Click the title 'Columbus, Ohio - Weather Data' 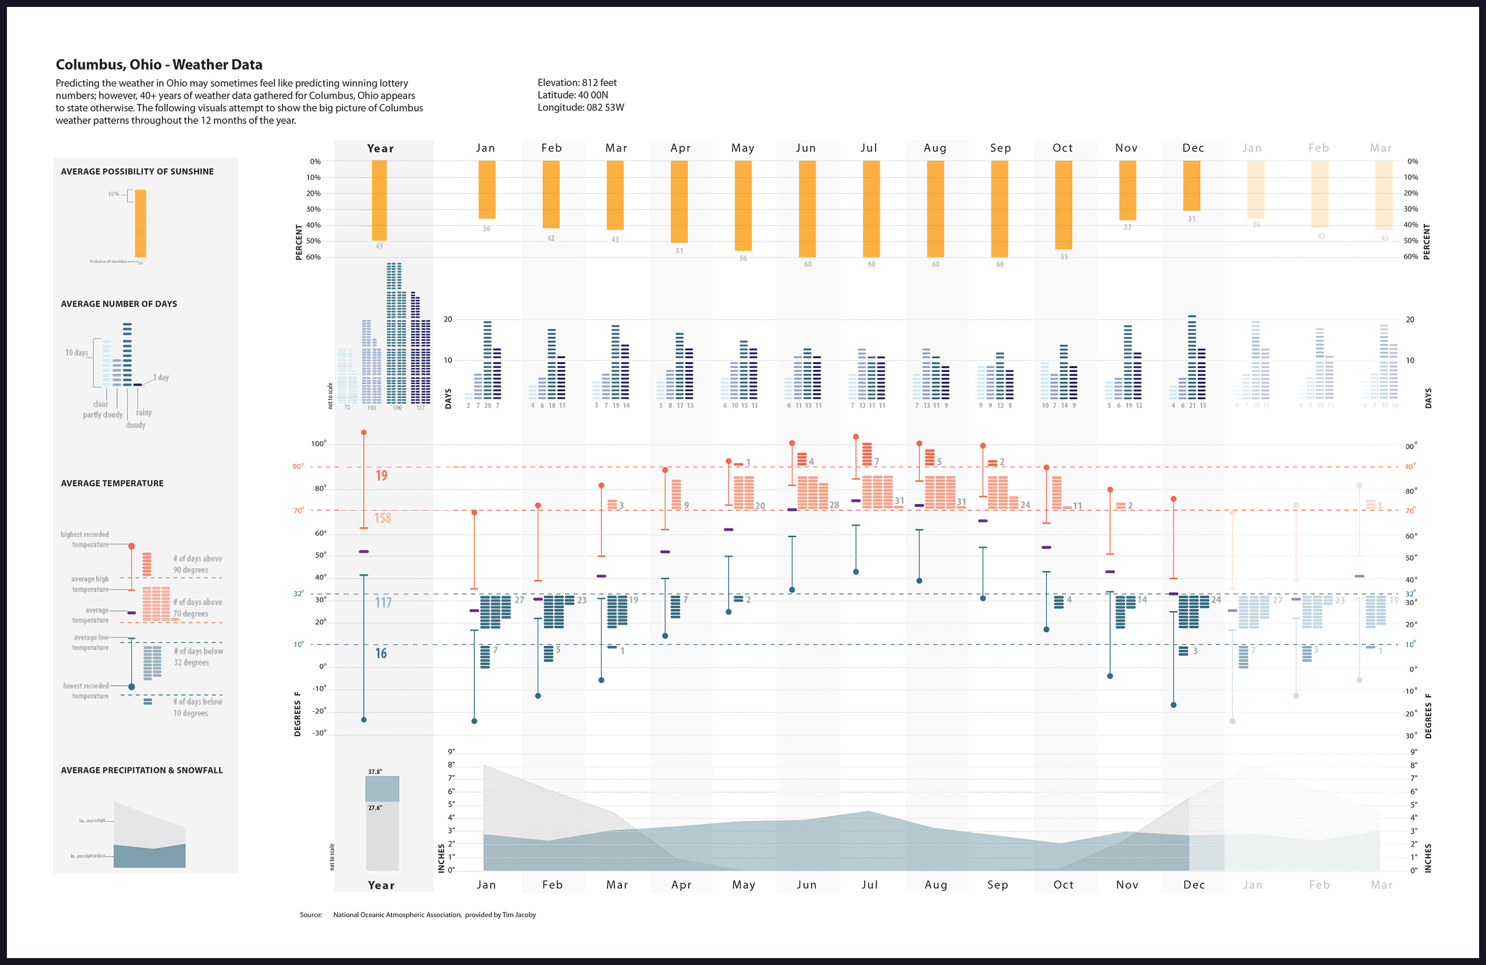point(159,65)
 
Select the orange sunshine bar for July point(871,209)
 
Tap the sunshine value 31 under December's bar point(1191,219)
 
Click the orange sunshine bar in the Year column point(379,200)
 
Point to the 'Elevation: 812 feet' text point(577,82)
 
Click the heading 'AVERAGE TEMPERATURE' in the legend point(112,483)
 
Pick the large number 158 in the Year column point(382,518)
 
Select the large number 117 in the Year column point(383,602)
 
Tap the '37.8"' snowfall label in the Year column point(375,772)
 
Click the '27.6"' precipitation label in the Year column point(375,808)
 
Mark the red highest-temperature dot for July point(855,437)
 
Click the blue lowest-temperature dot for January point(474,721)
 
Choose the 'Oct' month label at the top point(1062,148)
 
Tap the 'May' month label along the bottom point(743,884)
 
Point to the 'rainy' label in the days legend point(144,412)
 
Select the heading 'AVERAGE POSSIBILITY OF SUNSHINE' point(137,171)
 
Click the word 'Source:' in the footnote point(310,914)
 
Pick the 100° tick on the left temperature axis point(318,444)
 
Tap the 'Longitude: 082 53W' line point(580,107)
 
